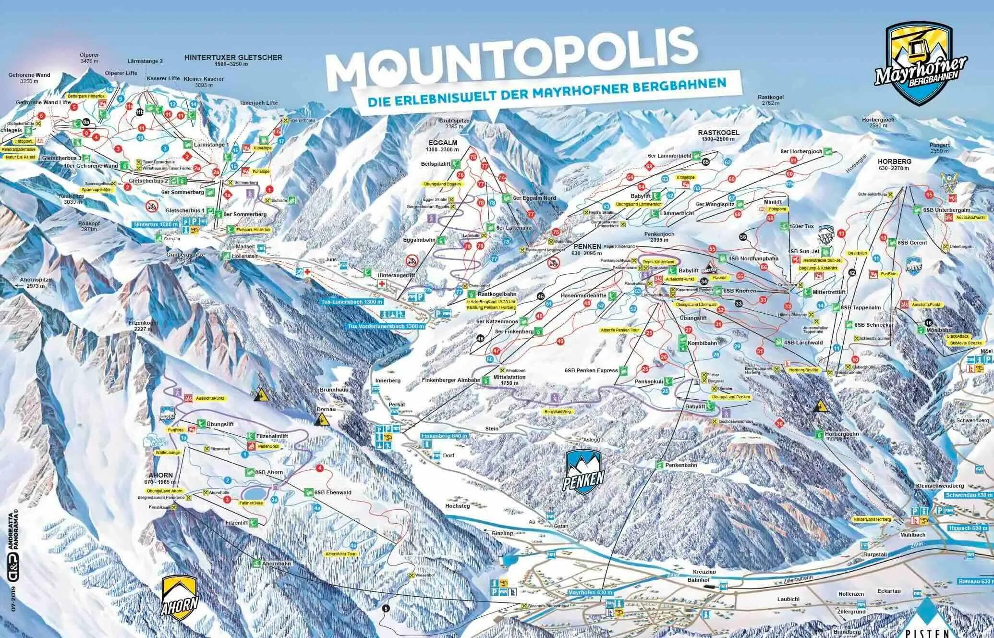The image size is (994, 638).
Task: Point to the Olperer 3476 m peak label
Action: pyautogui.click(x=89, y=58)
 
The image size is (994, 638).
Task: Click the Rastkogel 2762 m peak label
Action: pyautogui.click(x=771, y=100)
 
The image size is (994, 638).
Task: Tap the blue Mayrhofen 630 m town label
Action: pyautogui.click(x=590, y=592)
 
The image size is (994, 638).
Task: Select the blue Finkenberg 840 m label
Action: pyautogui.click(x=443, y=436)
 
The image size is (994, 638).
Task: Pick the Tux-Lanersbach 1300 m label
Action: pyautogui.click(x=352, y=302)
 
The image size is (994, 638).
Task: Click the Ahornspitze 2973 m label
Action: pyautogui.click(x=32, y=282)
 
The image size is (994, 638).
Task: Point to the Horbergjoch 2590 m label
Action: pyautogui.click(x=878, y=123)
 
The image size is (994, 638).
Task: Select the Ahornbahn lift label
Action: pyautogui.click(x=276, y=564)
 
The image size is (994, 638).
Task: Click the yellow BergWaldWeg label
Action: pyautogui.click(x=558, y=412)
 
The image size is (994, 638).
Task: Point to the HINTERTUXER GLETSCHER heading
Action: pyautogui.click(x=233, y=61)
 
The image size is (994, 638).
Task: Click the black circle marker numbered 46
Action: pyautogui.click(x=481, y=338)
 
